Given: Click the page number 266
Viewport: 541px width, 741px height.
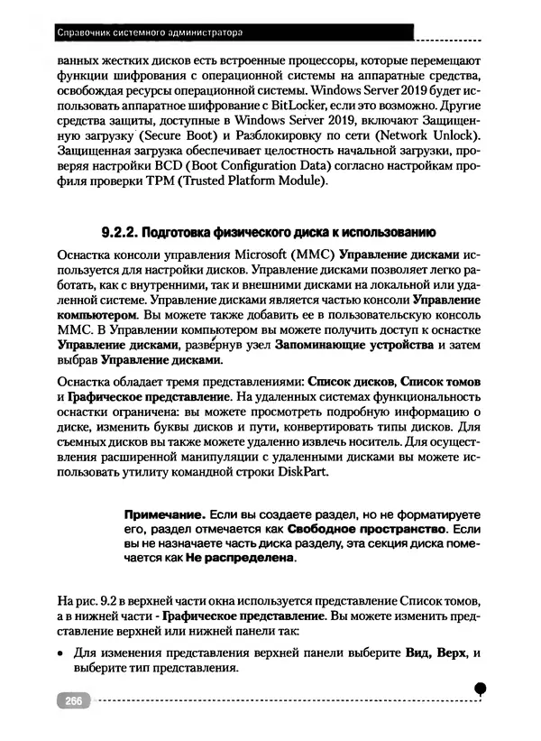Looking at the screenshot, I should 71,700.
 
